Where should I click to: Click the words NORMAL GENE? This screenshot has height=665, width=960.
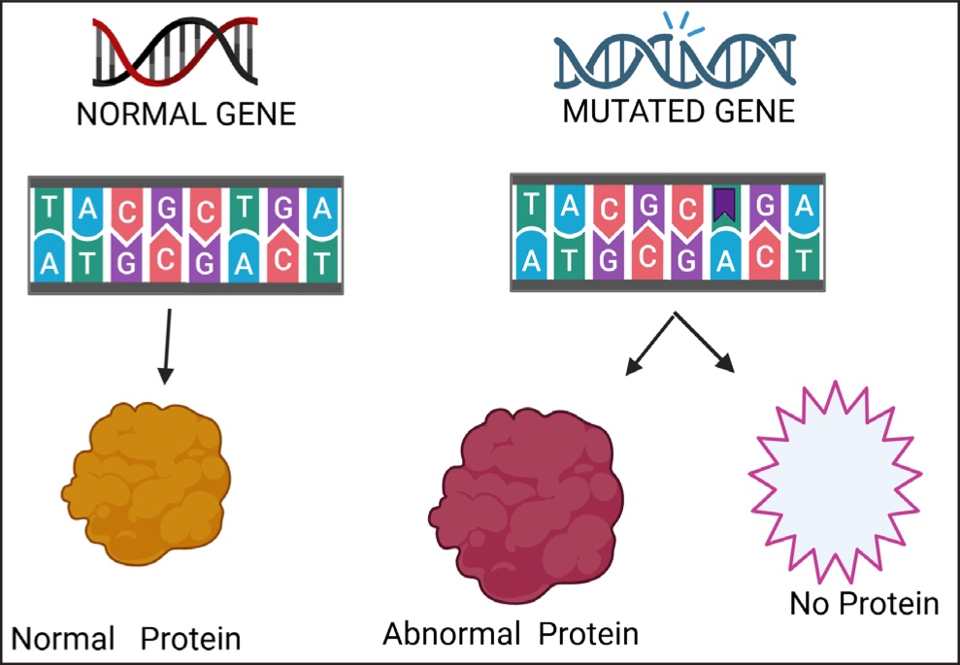click(185, 116)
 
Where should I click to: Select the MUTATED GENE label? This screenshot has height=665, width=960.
click(679, 112)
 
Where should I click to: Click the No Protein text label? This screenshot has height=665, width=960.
click(864, 604)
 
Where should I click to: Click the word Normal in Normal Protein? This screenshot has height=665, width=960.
click(62, 639)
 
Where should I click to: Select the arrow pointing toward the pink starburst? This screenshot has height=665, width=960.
click(714, 347)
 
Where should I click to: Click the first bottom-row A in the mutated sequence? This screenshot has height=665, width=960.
click(529, 259)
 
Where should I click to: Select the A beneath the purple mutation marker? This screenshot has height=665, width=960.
click(724, 259)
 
